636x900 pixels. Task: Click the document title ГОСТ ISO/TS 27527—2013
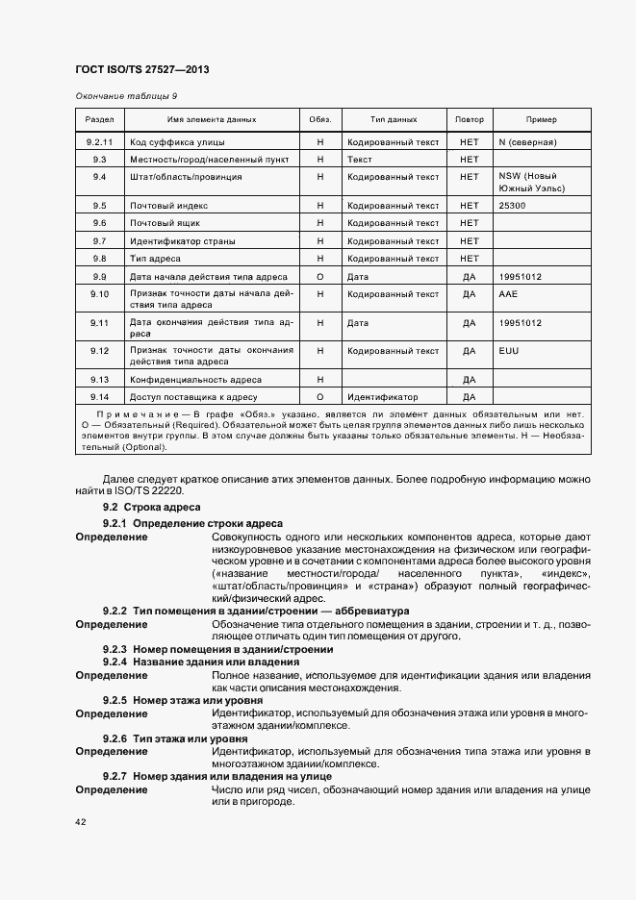[x=141, y=70]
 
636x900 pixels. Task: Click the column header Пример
[x=541, y=120]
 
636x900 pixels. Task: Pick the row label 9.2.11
[x=99, y=142]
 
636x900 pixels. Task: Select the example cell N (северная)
[x=528, y=142]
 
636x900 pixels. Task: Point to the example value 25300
[x=513, y=206]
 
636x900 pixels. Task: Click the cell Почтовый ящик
[x=165, y=223]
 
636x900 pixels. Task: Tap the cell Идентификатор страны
[x=182, y=240]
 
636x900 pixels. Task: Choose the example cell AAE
[x=509, y=293]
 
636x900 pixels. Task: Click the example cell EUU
[x=509, y=351]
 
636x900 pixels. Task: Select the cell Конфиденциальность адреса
[x=195, y=380]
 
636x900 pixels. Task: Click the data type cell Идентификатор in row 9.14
[x=382, y=396]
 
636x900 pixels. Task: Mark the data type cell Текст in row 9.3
[x=360, y=160]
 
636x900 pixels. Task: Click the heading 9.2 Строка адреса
[x=151, y=507]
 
